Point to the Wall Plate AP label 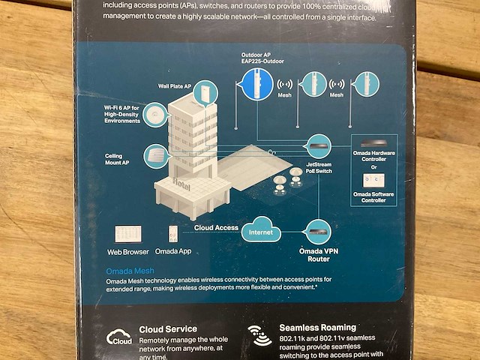coord(175,86)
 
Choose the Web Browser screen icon coord(127,235)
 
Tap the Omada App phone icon coord(172,235)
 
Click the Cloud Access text coord(216,227)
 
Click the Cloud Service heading coord(168,328)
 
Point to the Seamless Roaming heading coord(317,328)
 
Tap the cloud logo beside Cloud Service coord(119,337)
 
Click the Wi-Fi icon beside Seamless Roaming coord(261,335)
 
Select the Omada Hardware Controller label coord(373,157)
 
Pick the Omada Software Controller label coord(373,197)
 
